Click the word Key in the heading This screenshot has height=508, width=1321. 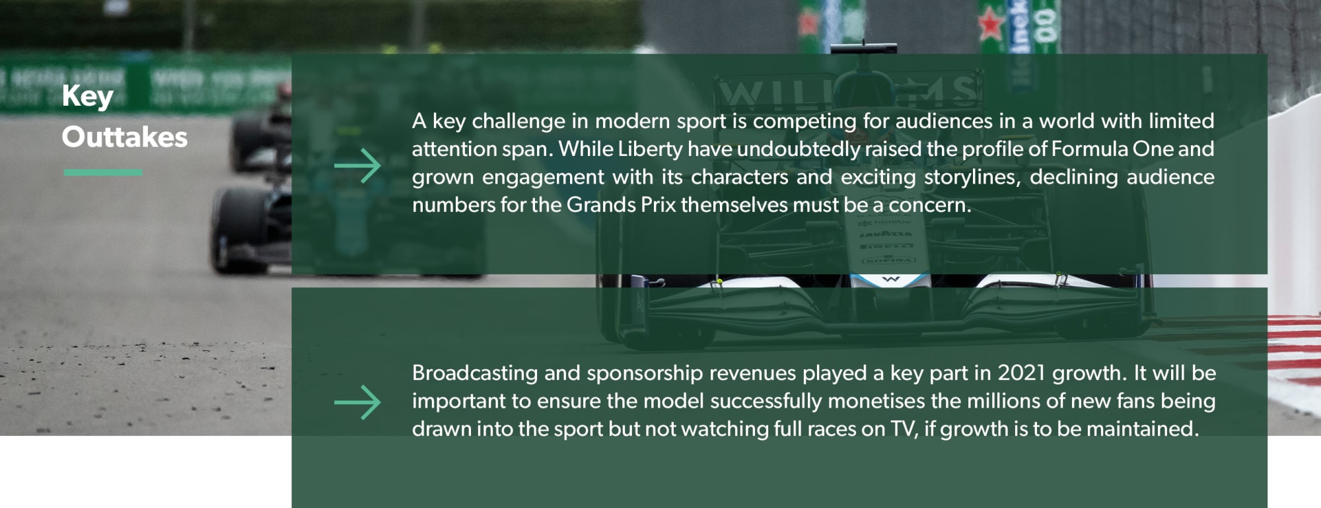(x=88, y=97)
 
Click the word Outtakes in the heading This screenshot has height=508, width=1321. (x=125, y=137)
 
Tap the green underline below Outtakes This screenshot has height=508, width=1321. (x=103, y=172)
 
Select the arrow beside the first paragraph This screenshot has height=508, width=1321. (x=357, y=165)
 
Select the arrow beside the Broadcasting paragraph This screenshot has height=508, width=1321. (x=357, y=402)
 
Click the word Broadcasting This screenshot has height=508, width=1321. (x=475, y=374)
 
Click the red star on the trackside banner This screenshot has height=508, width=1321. (x=991, y=24)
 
